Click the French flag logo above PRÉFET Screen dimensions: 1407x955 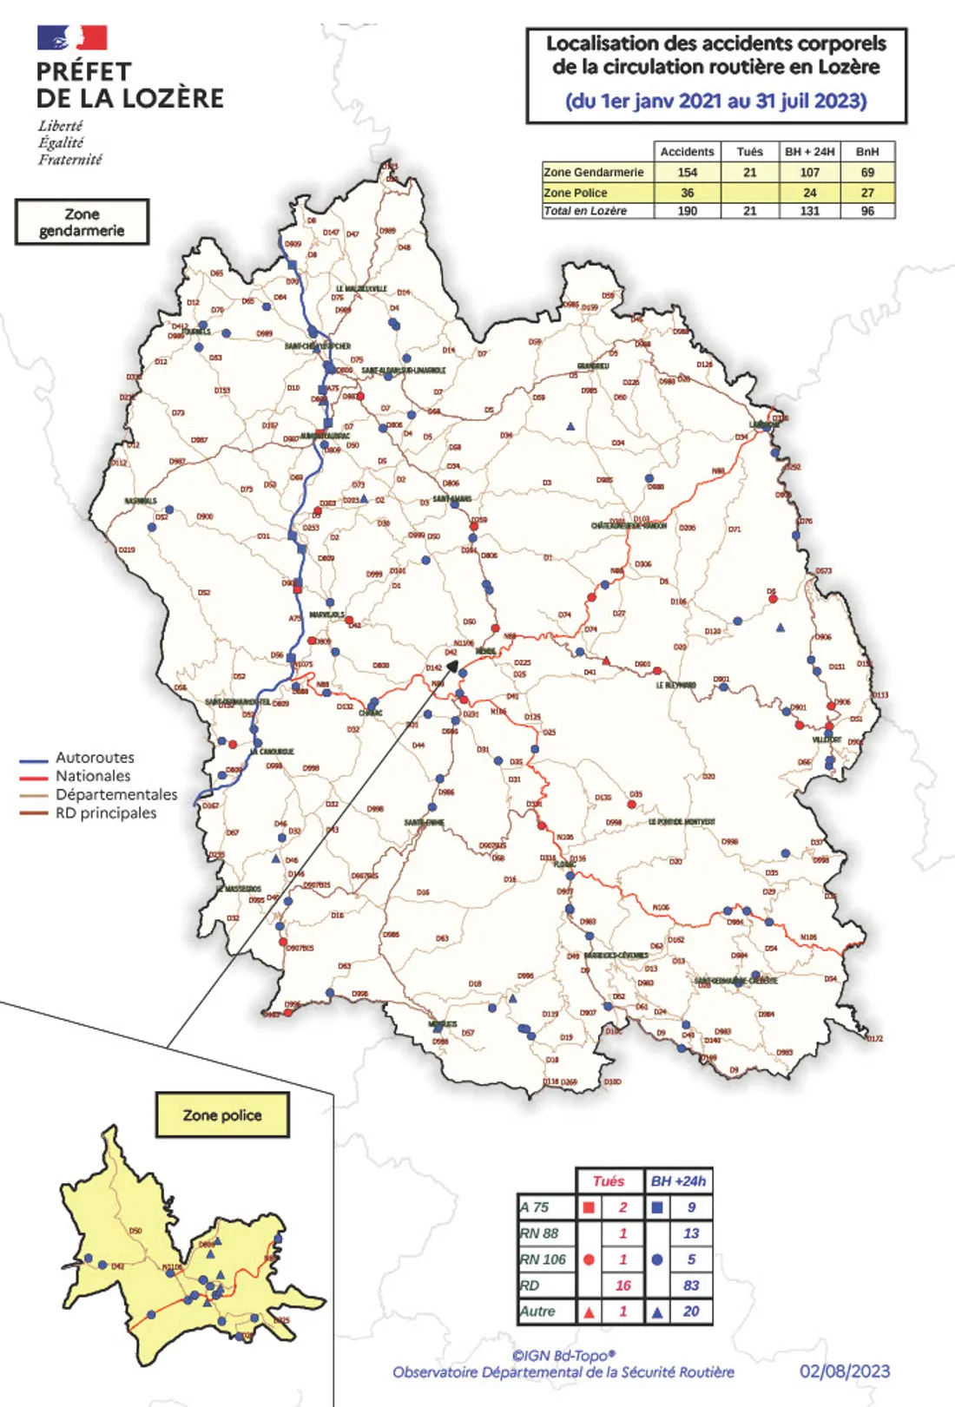(72, 37)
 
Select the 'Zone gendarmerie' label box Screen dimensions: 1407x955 (82, 222)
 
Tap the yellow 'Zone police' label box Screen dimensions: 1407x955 (222, 1115)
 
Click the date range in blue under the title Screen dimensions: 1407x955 (715, 101)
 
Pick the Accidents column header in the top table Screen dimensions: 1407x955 (687, 152)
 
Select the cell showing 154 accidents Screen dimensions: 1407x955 (687, 173)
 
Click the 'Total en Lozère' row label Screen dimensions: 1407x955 (585, 211)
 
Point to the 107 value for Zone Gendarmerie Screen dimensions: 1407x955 (809, 173)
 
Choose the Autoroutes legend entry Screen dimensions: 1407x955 (94, 758)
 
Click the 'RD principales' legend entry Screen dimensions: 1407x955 (105, 813)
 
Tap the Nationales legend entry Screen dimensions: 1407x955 (92, 776)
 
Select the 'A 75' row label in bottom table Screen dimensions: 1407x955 (535, 1207)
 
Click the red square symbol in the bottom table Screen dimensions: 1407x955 (589, 1207)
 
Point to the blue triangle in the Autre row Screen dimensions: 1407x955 (657, 1312)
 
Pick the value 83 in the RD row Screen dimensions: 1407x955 (691, 1285)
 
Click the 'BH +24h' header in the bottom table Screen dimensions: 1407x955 (678, 1181)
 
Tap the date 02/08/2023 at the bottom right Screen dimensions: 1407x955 (845, 1371)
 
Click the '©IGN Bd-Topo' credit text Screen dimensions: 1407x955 (563, 1356)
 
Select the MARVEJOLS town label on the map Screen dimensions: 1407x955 (327, 615)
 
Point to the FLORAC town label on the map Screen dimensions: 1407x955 (564, 865)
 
